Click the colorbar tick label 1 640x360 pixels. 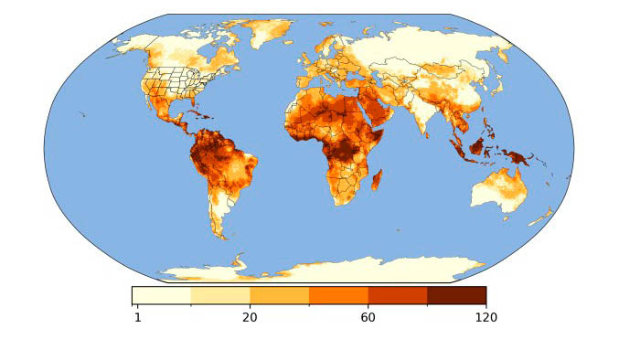coord(138,317)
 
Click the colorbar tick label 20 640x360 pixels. coord(250,317)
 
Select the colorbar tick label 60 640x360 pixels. coord(368,317)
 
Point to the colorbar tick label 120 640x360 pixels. coord(485,317)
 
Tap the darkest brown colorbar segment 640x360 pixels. coord(456,295)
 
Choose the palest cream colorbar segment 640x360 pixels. coord(162,295)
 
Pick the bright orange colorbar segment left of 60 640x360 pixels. coord(338,295)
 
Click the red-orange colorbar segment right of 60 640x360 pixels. coord(398,295)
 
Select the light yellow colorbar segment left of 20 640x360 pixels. coord(220,295)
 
